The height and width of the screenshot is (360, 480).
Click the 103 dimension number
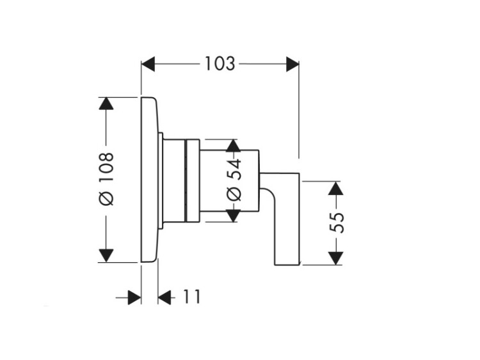click(220, 64)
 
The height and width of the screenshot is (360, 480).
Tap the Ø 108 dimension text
click(106, 178)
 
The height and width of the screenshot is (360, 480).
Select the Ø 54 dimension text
click(234, 180)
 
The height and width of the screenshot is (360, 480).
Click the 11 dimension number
click(191, 297)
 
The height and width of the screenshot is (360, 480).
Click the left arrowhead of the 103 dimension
click(148, 64)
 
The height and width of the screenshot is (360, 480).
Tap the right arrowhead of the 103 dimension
click(292, 64)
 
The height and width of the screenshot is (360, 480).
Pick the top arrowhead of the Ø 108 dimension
click(106, 104)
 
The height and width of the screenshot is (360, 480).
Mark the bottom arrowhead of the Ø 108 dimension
click(106, 254)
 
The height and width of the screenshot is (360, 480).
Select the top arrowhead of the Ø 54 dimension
click(234, 145)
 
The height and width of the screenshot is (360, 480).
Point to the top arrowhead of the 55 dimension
click(335, 189)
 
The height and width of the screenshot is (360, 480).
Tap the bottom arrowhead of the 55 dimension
click(335, 258)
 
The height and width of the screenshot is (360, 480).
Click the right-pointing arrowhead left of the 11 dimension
click(134, 297)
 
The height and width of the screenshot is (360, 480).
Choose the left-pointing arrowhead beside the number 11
click(165, 297)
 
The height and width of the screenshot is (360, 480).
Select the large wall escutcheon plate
click(148, 180)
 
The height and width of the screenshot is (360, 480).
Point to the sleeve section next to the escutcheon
click(173, 180)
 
